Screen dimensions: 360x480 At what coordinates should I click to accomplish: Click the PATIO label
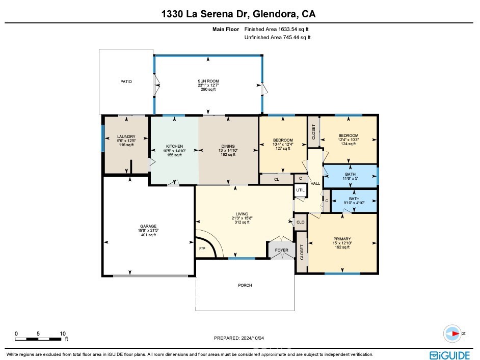pos(126,81)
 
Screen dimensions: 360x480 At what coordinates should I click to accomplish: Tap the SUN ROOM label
pos(207,81)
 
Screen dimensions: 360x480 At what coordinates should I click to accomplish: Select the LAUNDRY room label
pos(126,136)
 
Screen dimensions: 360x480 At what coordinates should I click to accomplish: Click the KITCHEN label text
pos(174,146)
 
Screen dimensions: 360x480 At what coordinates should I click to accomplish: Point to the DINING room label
pos(227,146)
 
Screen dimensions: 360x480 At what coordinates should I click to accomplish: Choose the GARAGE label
pos(148,226)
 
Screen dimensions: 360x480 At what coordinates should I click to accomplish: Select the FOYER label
pos(282,250)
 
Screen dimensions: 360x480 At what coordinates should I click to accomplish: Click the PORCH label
pos(245,285)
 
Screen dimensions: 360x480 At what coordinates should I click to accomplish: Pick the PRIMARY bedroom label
pos(342,238)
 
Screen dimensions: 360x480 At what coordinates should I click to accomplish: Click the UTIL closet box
pos(301,190)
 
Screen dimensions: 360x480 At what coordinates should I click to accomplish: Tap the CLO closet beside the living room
pos(301,222)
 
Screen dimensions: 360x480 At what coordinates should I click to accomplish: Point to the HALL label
pos(315,183)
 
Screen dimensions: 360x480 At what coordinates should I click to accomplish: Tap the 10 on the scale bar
pos(63,334)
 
